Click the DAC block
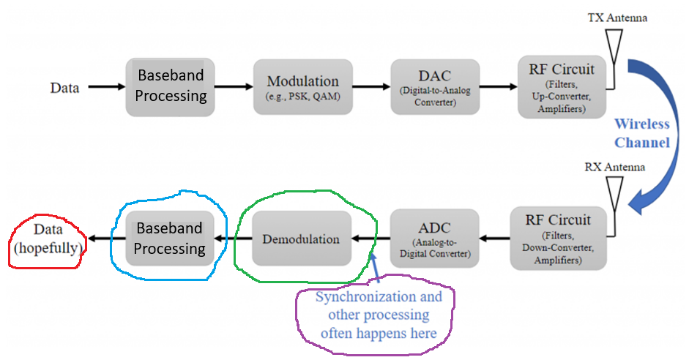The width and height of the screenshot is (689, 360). [435, 87]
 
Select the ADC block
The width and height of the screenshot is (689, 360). [435, 239]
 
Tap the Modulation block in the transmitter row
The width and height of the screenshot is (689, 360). [302, 87]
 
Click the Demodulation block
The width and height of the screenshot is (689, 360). [302, 239]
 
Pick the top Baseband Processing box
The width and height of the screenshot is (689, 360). [169, 87]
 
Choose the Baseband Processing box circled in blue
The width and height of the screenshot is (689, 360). [169, 239]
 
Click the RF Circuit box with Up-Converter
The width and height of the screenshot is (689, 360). [562, 87]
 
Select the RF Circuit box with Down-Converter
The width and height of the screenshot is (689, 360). [562, 239]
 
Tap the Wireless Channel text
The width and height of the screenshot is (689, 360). [641, 133]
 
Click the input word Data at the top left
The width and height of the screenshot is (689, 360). [64, 88]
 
